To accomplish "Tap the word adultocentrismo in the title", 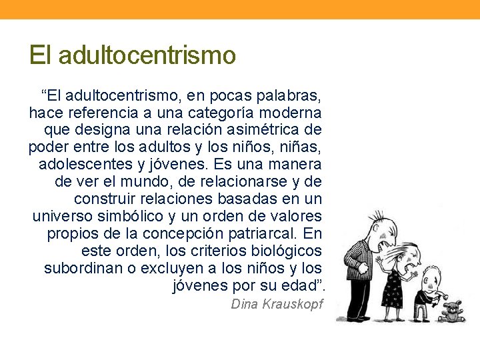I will [x=147, y=55].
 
